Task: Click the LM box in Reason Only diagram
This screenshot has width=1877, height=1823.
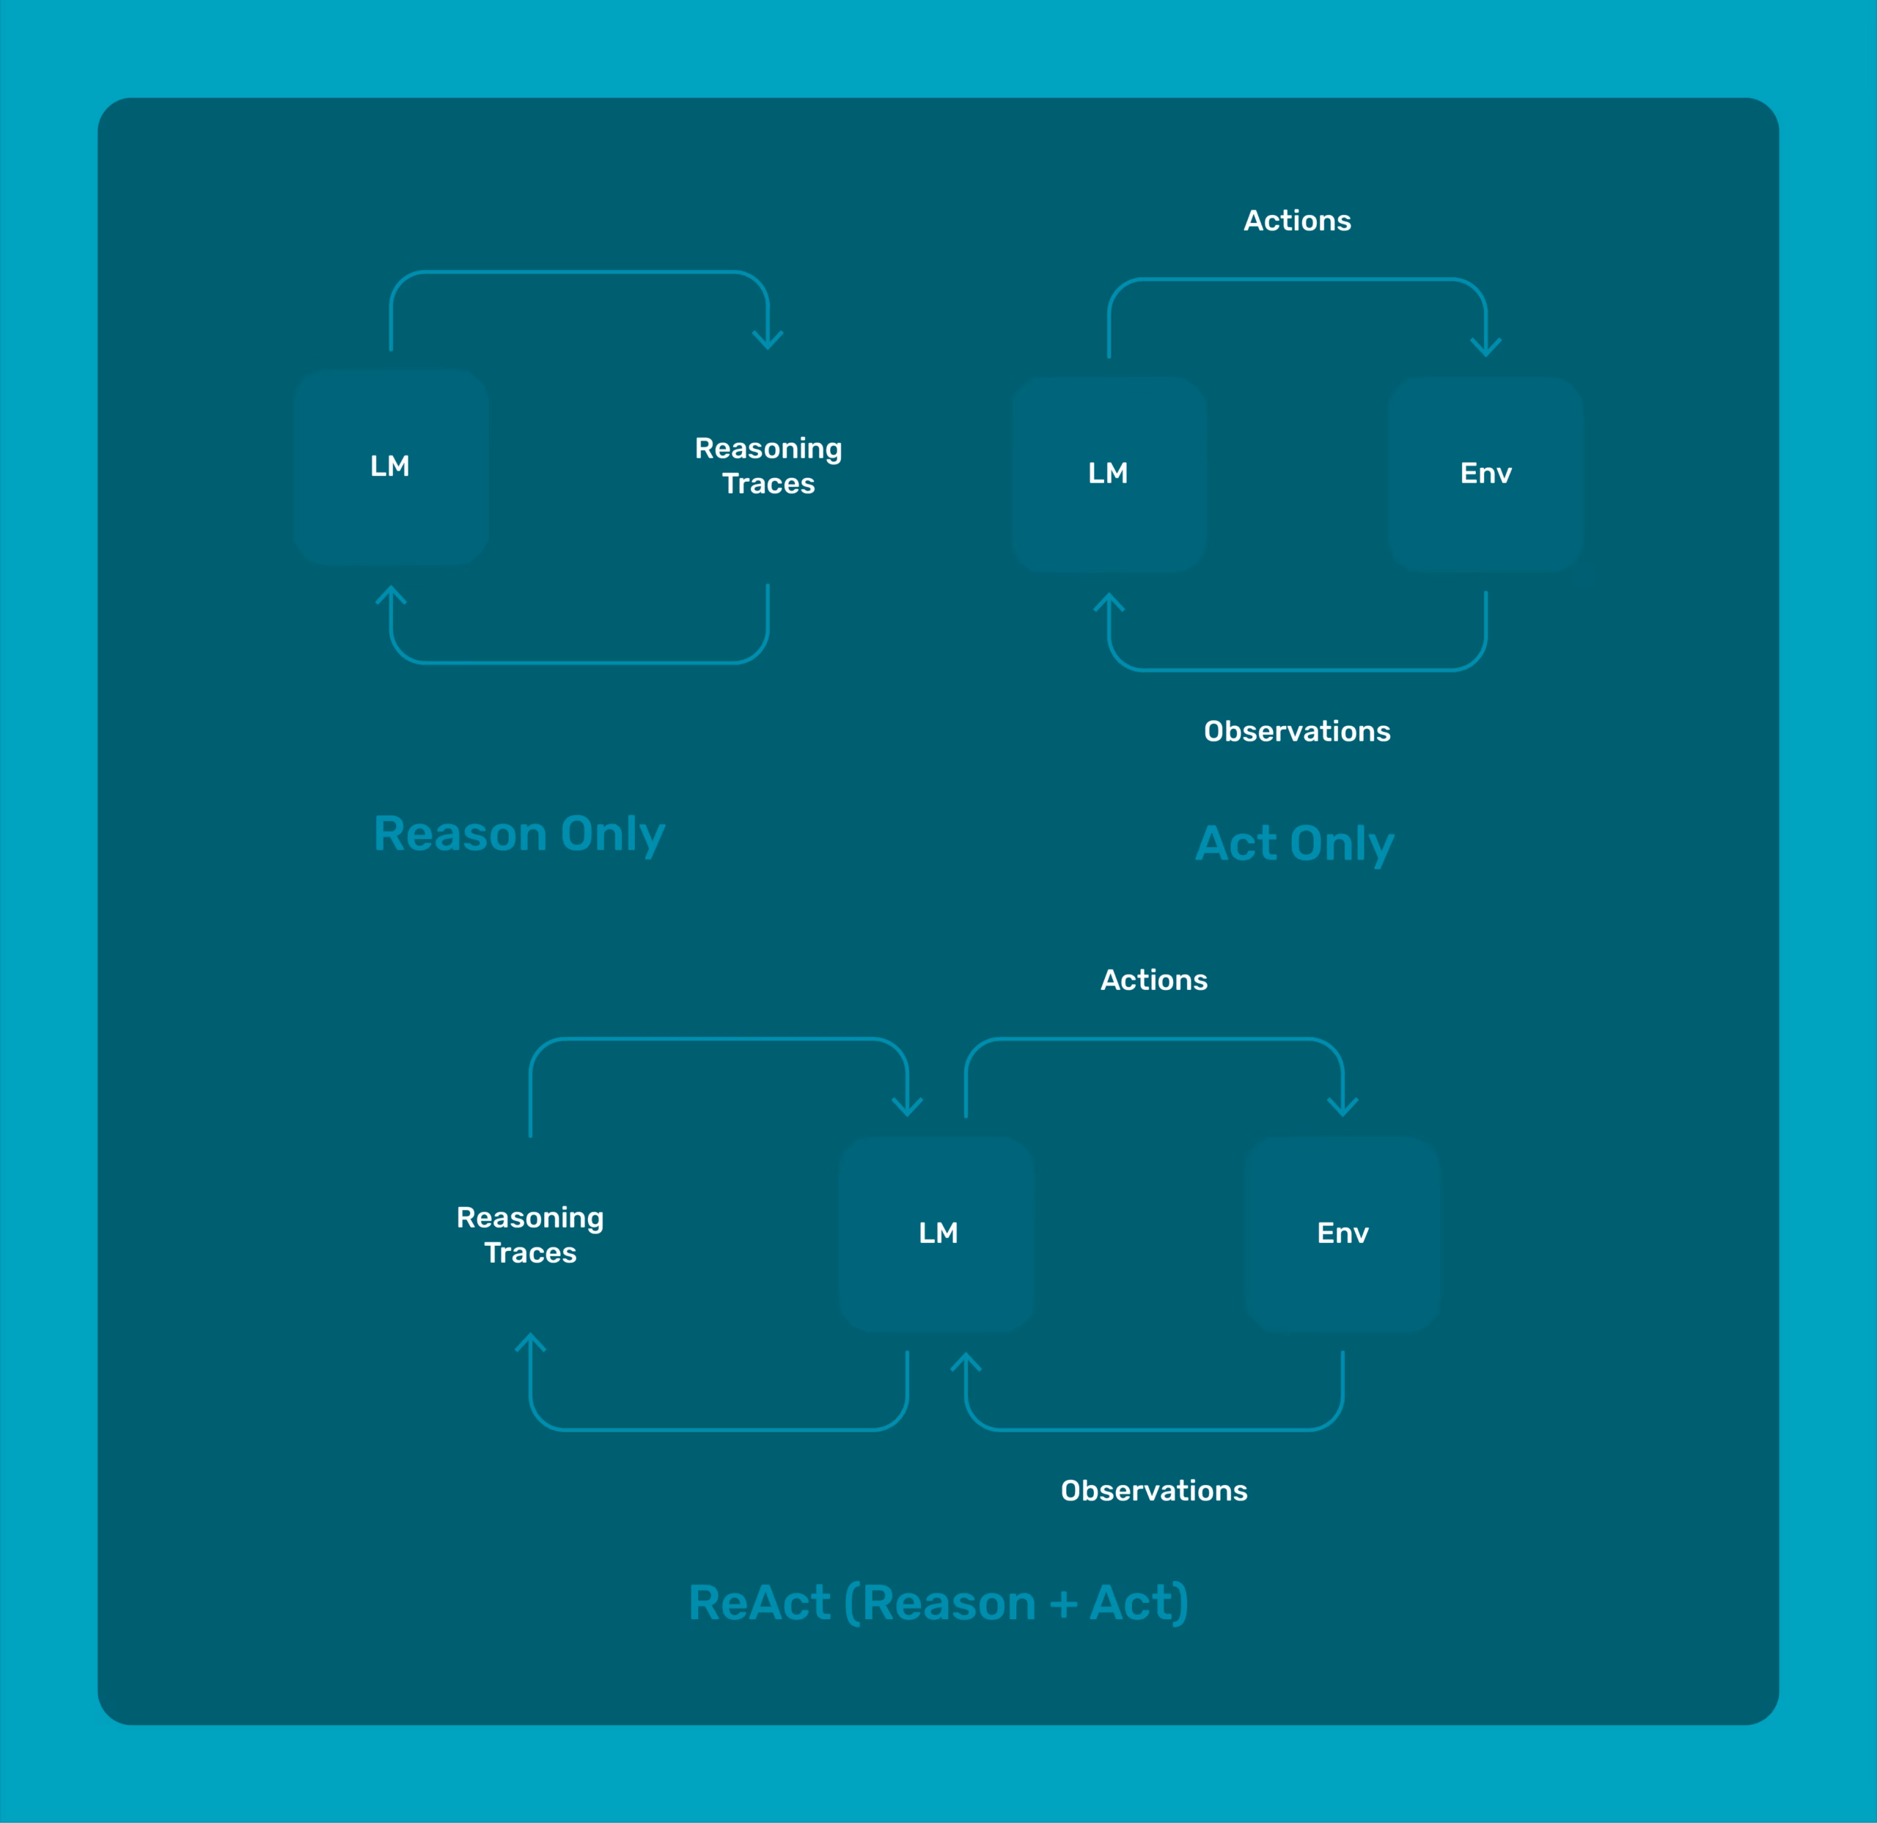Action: click(x=391, y=466)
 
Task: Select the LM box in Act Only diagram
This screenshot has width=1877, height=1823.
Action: click(x=1109, y=474)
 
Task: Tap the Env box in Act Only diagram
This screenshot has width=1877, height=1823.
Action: click(x=1485, y=474)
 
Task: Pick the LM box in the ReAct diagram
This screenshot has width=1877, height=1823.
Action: click(x=938, y=1234)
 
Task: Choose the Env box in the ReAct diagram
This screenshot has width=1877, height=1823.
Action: click(x=1342, y=1234)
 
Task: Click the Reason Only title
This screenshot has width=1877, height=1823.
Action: click(x=519, y=834)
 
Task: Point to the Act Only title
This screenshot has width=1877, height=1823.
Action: click(x=1295, y=843)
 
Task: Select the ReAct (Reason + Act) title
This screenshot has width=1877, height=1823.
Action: click(x=938, y=1603)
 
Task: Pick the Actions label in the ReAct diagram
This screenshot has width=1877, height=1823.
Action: click(x=1154, y=980)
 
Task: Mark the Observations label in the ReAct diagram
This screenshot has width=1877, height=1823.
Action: click(x=1154, y=1491)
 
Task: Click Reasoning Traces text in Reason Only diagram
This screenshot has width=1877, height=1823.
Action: click(x=769, y=466)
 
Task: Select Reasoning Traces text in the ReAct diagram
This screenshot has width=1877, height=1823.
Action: click(x=531, y=1235)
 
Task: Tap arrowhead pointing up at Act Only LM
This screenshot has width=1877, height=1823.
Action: click(x=1109, y=601)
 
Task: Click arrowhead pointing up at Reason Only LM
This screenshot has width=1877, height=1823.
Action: click(x=391, y=594)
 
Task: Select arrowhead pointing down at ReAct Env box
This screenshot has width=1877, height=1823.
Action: click(x=1342, y=1108)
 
